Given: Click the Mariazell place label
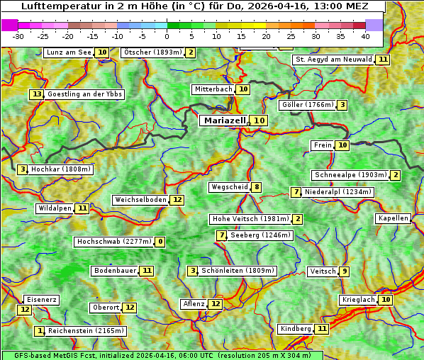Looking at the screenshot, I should pos(225,120).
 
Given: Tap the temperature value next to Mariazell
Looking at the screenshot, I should pos(260,120).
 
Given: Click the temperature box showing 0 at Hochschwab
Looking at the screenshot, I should pos(160,242).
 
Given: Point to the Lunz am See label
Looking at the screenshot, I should pos(69,52).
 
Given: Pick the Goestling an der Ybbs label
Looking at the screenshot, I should pos(84,94).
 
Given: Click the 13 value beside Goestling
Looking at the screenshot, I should pos(37,94).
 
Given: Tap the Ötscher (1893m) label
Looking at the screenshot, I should pos(152,52).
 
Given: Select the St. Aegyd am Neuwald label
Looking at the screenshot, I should pos(333,60).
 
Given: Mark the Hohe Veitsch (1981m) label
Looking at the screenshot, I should pos(251,219).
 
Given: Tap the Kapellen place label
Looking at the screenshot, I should pos(393,218).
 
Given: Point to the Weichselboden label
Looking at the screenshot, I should pos(140,200).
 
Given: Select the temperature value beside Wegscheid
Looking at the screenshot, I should pos(257,187).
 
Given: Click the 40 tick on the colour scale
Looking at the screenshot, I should pos(365,35).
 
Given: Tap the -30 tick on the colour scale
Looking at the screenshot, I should pos(18,35).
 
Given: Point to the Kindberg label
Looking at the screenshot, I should pos(296,329).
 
